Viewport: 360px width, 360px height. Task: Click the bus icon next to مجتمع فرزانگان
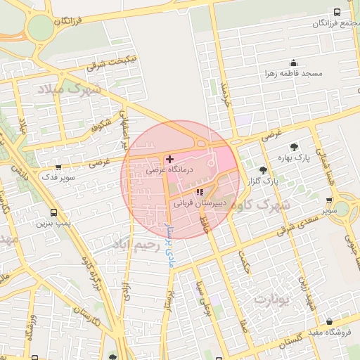coord(337,13)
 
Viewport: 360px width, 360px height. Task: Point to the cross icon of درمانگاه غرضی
coord(169,160)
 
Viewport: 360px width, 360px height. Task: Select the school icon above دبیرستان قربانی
coord(200,191)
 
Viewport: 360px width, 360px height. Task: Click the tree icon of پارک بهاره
coord(294,146)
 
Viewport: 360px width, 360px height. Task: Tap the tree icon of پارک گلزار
coord(263,169)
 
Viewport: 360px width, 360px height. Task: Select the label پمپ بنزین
coord(53,224)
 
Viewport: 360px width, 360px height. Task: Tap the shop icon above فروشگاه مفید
coord(340,321)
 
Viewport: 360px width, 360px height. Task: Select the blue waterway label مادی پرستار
coord(168,243)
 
